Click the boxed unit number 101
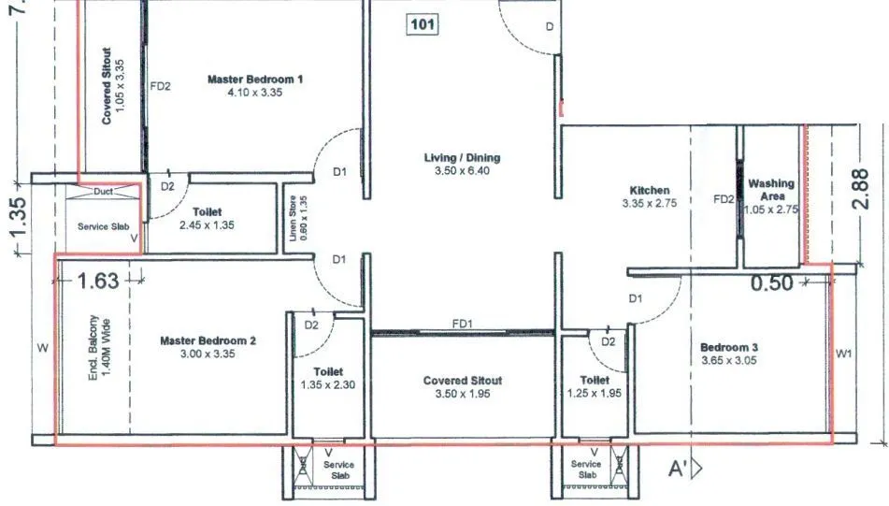[423, 24]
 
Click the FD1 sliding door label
[461, 324]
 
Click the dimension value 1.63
[98, 279]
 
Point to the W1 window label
[844, 354]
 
